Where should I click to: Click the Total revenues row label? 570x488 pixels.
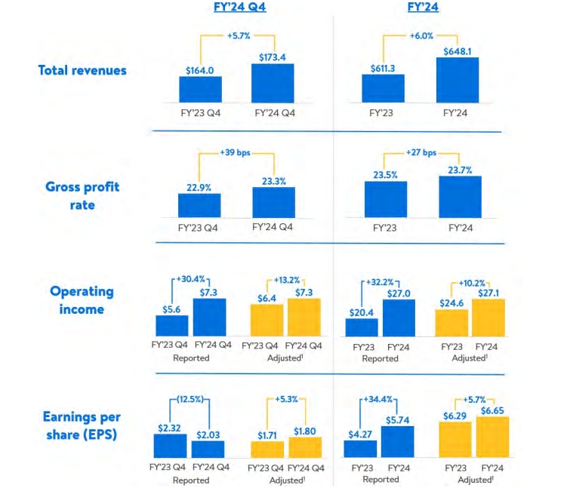pos(82,70)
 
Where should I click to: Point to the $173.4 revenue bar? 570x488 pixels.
pos(273,83)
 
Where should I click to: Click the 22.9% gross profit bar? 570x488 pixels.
pos(199,205)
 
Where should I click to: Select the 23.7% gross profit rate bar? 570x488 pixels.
pos(460,197)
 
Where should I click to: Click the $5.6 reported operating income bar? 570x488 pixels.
pos(172,325)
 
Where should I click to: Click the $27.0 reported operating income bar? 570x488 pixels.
pos(399,318)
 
